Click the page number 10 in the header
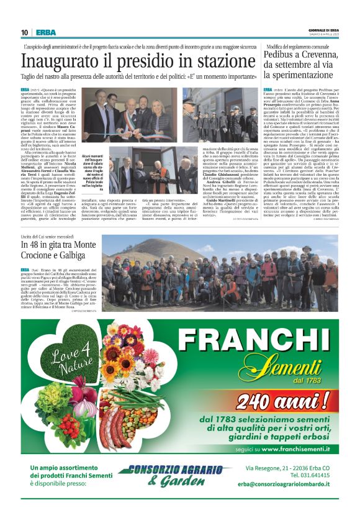coord(24,32)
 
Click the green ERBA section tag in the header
coord(45,32)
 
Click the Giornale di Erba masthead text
coord(323,29)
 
